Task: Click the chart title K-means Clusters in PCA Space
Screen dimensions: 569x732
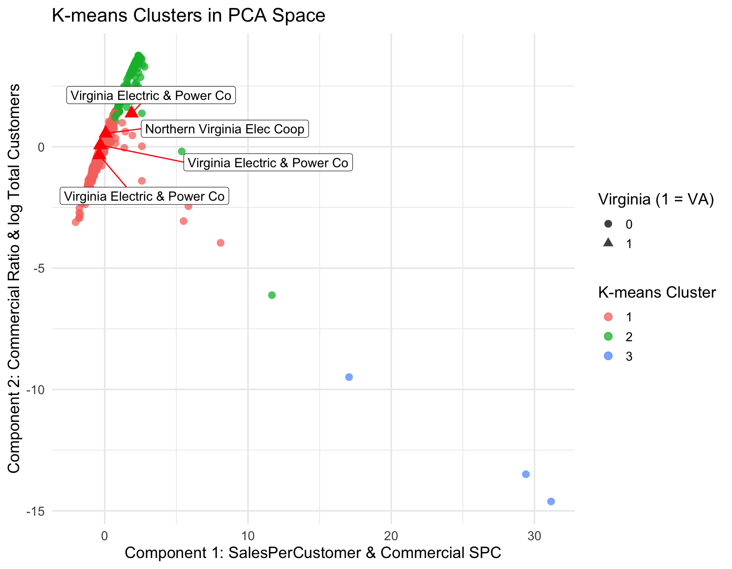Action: click(x=188, y=16)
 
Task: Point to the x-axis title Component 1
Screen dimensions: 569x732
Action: click(x=313, y=552)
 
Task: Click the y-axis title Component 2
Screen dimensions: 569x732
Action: click(x=14, y=278)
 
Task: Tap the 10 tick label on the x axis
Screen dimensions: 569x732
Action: click(x=248, y=536)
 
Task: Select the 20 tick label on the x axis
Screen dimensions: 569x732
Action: click(x=391, y=536)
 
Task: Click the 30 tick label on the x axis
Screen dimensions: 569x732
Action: click(x=535, y=536)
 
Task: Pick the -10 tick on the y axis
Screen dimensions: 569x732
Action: click(x=36, y=389)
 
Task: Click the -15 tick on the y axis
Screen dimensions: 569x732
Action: click(x=36, y=511)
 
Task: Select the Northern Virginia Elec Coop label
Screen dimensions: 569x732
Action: click(x=225, y=129)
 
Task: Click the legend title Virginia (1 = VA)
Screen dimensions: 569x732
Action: click(x=656, y=199)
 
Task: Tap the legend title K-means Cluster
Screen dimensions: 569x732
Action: click(x=657, y=292)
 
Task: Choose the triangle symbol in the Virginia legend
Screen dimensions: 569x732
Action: click(x=608, y=243)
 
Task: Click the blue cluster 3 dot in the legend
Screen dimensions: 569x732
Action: click(x=608, y=356)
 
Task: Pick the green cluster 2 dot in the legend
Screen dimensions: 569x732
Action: click(x=608, y=337)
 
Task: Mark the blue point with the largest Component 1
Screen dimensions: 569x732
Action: click(x=551, y=501)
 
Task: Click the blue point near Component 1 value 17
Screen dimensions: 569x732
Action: click(x=349, y=377)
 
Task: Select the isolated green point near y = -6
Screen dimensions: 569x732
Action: click(x=272, y=295)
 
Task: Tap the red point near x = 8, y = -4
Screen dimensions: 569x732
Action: click(x=220, y=243)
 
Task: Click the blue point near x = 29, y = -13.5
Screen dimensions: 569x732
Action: click(x=526, y=474)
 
